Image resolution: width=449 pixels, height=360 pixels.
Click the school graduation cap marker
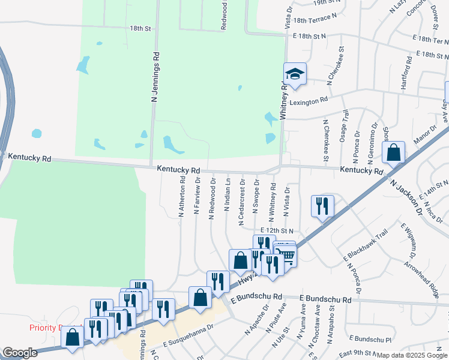click(x=295, y=74)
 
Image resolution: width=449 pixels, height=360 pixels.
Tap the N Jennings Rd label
click(x=155, y=79)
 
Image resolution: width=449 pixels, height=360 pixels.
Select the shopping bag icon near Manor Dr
click(x=394, y=152)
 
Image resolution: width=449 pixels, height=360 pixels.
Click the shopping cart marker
click(x=286, y=255)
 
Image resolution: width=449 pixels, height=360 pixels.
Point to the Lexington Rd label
click(x=309, y=101)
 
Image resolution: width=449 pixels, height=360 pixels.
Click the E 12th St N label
click(x=277, y=230)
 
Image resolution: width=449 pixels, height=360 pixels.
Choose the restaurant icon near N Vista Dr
click(x=322, y=206)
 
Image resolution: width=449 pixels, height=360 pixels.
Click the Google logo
click(x=20, y=353)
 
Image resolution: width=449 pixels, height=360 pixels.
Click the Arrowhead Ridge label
click(x=422, y=278)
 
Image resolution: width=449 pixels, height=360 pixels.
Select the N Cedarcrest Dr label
click(x=241, y=202)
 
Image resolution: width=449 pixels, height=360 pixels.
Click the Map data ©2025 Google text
click(x=412, y=355)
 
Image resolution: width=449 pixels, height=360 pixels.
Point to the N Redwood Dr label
click(x=212, y=199)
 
